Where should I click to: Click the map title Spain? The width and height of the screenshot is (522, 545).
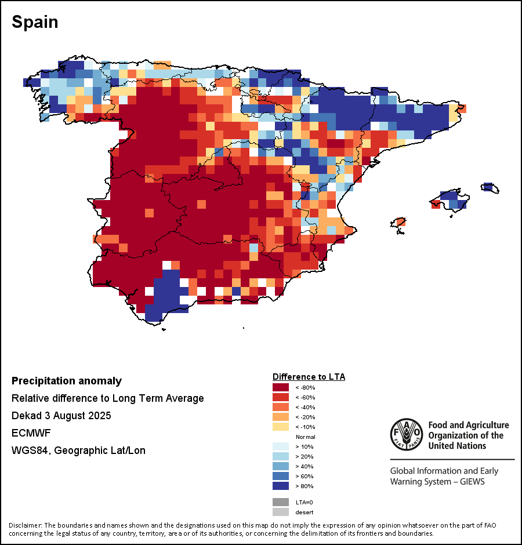(x=35, y=22)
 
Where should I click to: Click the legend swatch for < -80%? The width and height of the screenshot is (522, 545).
(x=281, y=387)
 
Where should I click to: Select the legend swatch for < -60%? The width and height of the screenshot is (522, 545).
(x=281, y=397)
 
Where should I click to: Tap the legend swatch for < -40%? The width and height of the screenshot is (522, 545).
(x=281, y=407)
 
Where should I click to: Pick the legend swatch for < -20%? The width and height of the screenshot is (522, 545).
(x=281, y=417)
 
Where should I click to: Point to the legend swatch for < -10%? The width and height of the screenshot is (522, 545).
(x=281, y=427)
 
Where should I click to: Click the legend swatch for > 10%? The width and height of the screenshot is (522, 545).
(x=281, y=446)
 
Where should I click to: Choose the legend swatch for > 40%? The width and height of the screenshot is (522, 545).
(x=281, y=466)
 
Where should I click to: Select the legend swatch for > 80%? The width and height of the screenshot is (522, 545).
(x=281, y=486)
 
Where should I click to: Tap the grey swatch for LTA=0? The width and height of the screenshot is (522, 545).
(x=281, y=502)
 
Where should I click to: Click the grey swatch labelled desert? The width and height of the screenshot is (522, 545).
(x=281, y=512)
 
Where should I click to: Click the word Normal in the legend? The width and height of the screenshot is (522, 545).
(x=305, y=437)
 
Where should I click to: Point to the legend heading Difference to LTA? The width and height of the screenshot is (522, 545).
(x=309, y=377)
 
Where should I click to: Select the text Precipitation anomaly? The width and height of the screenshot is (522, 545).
(x=67, y=381)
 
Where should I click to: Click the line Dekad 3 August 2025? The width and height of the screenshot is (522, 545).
(x=61, y=416)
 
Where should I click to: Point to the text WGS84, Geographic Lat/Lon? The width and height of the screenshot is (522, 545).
(x=78, y=450)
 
